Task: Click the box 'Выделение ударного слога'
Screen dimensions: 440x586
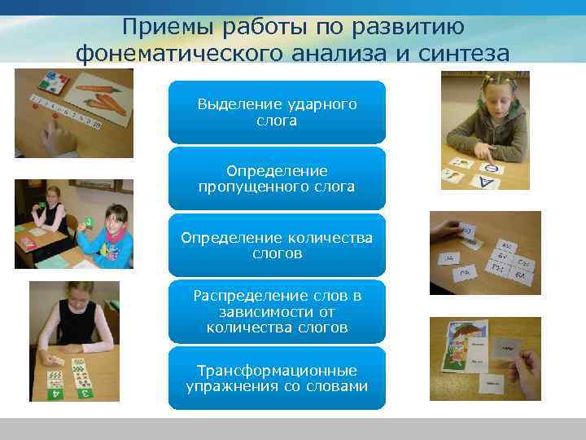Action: pyautogui.click(x=277, y=112)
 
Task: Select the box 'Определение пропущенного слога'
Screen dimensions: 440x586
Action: pyautogui.click(x=277, y=178)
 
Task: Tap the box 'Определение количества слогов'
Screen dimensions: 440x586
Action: pyautogui.click(x=277, y=245)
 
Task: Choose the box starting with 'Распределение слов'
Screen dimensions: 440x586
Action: pyautogui.click(x=277, y=311)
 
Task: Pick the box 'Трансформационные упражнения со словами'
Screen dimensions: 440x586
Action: pyautogui.click(x=277, y=378)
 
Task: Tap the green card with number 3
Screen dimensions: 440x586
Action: pyautogui.click(x=84, y=392)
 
